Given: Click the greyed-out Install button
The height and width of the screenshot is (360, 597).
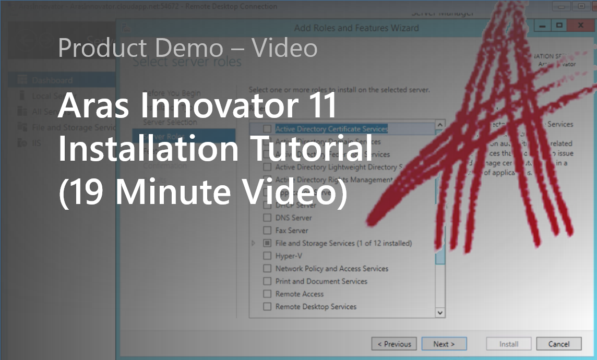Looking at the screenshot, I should tap(508, 344).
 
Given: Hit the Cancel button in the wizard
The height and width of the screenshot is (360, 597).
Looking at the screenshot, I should tap(558, 344).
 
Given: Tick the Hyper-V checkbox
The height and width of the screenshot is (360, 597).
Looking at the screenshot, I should tap(267, 256).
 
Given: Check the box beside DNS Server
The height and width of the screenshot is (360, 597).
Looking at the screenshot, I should tap(267, 218).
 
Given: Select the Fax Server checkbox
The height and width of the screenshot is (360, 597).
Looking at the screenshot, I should tap(267, 231).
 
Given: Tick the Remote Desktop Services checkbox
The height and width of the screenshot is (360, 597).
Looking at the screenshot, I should tap(267, 307).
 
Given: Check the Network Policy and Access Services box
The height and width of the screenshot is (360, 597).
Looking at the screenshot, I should tap(267, 269).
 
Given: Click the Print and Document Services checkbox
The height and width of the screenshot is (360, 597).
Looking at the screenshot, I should tap(267, 281).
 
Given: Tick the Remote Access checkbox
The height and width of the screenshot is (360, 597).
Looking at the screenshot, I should tap(267, 294).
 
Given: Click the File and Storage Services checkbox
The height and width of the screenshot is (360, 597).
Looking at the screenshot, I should tap(267, 243).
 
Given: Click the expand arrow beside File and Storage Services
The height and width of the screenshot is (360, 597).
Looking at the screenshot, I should tap(254, 243).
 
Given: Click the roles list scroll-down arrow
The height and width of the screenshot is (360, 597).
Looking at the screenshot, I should tap(440, 313).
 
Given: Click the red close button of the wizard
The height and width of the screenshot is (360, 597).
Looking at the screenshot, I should tap(581, 25).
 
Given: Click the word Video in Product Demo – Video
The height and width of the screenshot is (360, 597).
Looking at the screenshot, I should tap(284, 48).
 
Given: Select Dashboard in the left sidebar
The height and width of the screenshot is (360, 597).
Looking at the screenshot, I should tap(52, 80).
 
